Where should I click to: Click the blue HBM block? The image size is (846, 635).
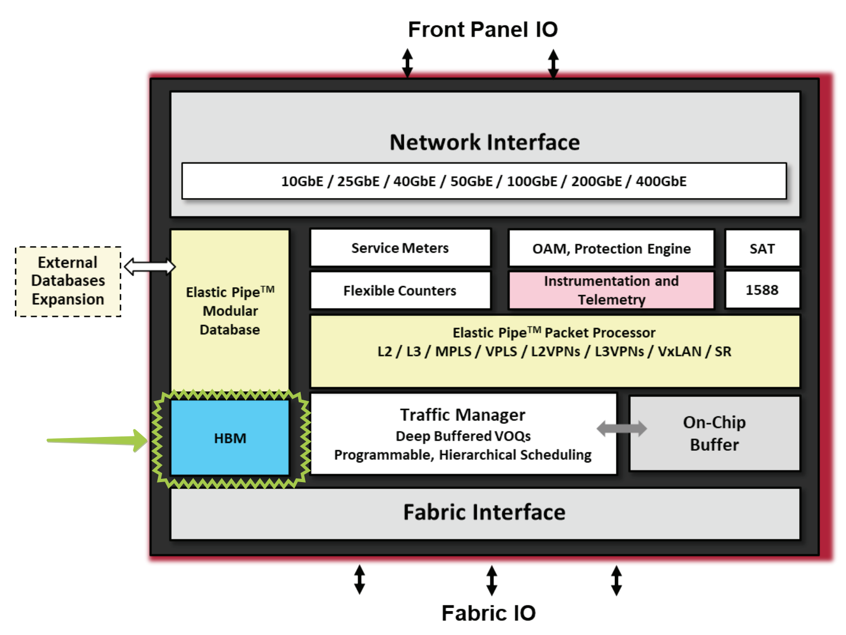(x=230, y=437)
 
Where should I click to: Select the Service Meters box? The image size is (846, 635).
(x=400, y=248)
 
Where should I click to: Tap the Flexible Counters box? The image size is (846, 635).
(x=400, y=290)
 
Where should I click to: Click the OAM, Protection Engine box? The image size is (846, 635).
(x=611, y=248)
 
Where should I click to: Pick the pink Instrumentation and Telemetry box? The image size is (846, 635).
(x=611, y=290)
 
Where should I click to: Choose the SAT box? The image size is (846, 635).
(x=762, y=248)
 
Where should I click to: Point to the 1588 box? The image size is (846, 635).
(x=762, y=290)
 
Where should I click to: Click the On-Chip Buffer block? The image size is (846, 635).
(x=714, y=433)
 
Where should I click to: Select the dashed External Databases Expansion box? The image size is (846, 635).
(x=68, y=281)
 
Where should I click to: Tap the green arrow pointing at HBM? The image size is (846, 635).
(x=96, y=440)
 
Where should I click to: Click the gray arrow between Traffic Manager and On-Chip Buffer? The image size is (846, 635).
(x=622, y=428)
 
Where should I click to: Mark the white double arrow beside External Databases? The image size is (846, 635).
(x=149, y=266)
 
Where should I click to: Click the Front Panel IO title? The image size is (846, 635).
(x=483, y=30)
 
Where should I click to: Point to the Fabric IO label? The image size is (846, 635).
(x=488, y=613)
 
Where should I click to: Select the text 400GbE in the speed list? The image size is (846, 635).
(x=661, y=182)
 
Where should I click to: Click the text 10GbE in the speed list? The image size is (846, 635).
(x=302, y=182)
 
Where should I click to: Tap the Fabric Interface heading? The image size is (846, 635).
(x=484, y=512)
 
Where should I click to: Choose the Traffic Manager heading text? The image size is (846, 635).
(x=462, y=415)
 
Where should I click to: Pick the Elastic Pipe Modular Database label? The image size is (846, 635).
(x=230, y=311)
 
